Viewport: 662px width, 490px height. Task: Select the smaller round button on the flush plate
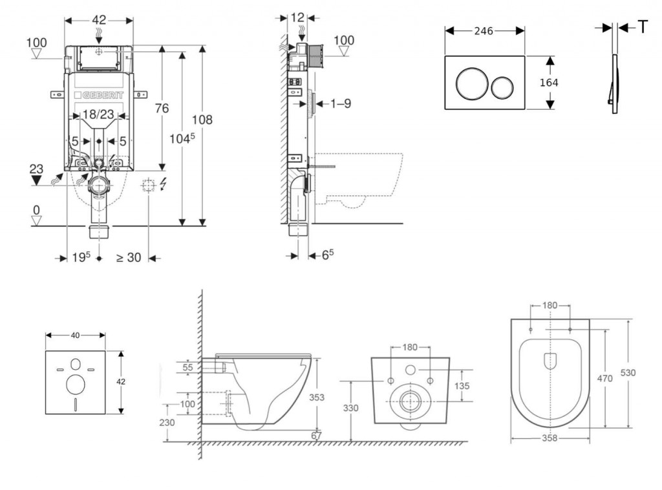click(502, 85)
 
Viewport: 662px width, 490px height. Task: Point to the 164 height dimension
click(548, 83)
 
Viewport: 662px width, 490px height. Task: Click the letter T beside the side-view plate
click(643, 27)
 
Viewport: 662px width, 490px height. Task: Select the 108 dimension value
click(202, 120)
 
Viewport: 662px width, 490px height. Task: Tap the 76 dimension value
click(161, 108)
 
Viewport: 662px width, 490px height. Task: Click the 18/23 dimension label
click(98, 114)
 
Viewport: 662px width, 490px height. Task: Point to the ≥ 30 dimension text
click(128, 257)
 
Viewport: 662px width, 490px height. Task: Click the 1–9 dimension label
click(339, 103)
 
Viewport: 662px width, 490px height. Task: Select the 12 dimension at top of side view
click(297, 17)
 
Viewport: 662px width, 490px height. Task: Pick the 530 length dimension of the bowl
click(628, 373)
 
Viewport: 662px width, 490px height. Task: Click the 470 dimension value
click(604, 379)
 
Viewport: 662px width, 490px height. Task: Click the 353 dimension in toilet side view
click(316, 398)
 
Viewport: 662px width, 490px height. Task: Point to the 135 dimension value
click(462, 386)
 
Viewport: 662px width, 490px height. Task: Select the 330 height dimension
click(350, 408)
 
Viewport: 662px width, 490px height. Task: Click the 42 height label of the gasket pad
click(121, 381)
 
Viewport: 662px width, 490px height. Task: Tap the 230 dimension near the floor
click(167, 421)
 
